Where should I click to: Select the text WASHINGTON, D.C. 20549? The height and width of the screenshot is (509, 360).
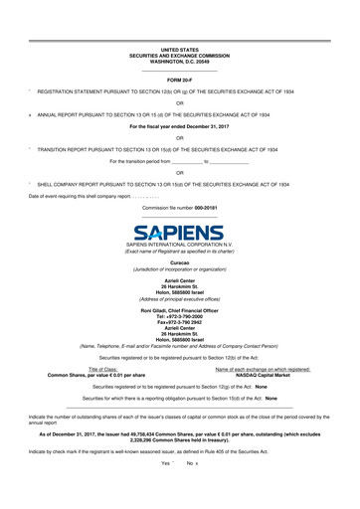(180, 61)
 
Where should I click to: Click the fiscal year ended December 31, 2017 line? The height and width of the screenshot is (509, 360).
(180, 127)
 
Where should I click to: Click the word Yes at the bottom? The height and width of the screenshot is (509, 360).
(165, 491)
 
